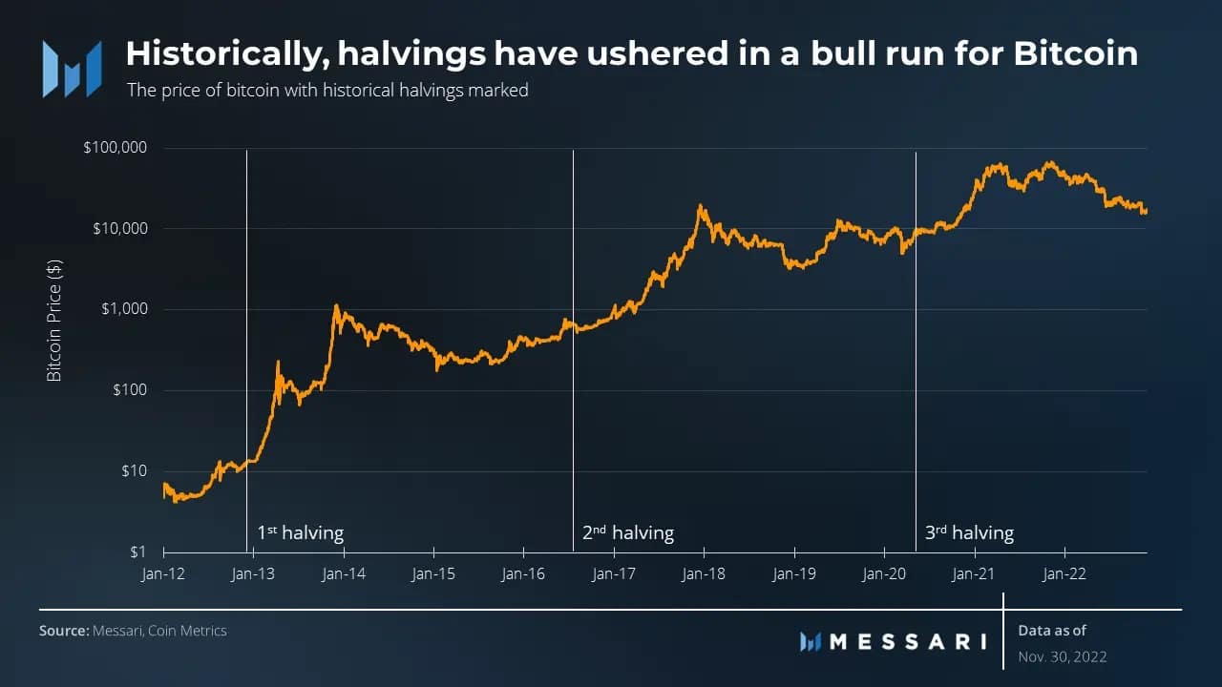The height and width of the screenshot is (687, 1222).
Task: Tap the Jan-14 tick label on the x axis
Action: coord(344,574)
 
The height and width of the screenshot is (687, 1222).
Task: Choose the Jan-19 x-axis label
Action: coord(794,574)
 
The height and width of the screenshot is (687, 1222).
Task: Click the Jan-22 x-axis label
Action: coord(1064,574)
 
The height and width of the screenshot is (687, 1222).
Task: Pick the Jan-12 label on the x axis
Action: coord(164,574)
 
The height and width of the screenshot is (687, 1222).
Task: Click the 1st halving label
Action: coord(300,532)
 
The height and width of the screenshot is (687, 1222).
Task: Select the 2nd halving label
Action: coord(627,532)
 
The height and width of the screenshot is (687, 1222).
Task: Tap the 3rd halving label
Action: coord(969,532)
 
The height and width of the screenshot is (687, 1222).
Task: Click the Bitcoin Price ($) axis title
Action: coord(54,319)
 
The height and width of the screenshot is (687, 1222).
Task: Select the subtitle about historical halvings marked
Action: coord(327,91)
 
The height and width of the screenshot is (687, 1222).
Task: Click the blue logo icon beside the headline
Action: coord(72,69)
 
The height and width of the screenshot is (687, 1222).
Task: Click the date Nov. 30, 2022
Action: coord(1063,656)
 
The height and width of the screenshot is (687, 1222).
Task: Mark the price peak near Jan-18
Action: coord(701,205)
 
